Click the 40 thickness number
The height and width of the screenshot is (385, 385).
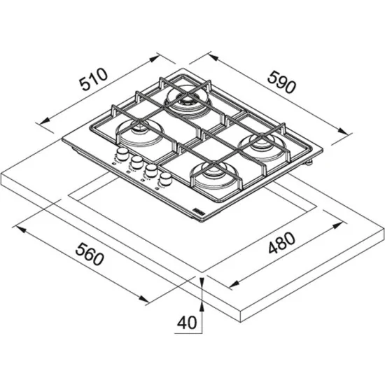[x=185, y=323]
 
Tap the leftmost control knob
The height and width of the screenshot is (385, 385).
[x=122, y=154]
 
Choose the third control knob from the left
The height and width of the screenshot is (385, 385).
[x=150, y=171]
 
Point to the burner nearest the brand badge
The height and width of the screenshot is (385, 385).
[x=213, y=175]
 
